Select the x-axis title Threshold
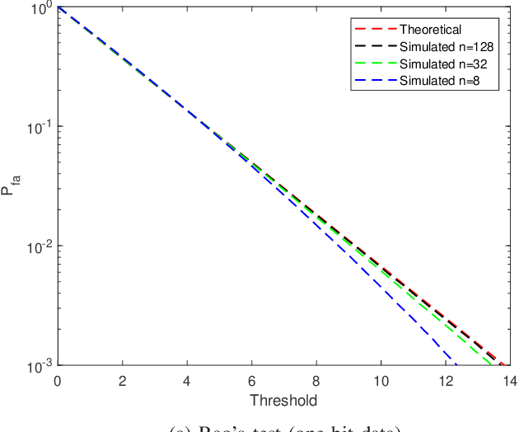pos(283,401)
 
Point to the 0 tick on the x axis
pos(57,382)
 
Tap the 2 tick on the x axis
pos(121,382)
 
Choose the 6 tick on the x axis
pos(250,382)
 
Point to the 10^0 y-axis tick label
pos(38,8)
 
